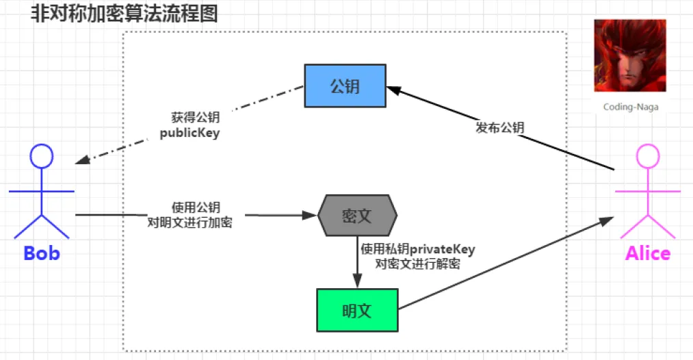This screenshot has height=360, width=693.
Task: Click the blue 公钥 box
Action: [345, 86]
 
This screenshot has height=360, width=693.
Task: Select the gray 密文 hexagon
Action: [357, 215]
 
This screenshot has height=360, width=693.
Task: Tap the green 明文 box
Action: [356, 309]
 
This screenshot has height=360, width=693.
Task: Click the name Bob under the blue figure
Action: [42, 253]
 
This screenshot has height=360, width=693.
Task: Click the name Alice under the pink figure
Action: [647, 253]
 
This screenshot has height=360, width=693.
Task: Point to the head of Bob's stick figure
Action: [42, 157]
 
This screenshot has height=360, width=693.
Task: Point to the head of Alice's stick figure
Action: [647, 157]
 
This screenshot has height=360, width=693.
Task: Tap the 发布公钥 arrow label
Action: [499, 127]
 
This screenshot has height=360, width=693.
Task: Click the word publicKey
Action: [189, 133]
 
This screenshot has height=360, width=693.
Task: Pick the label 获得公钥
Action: [195, 118]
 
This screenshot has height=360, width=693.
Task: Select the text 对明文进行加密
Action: [189, 222]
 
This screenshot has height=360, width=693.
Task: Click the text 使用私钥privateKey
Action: [417, 249]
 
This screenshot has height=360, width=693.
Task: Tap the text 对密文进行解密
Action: [417, 263]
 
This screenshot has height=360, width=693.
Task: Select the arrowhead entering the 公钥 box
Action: [393, 88]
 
